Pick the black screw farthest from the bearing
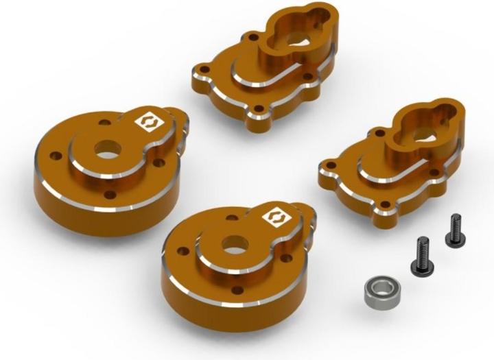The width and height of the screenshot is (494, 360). (454, 230)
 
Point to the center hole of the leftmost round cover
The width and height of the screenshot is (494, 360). (106, 150)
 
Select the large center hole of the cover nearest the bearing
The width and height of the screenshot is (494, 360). (233, 243)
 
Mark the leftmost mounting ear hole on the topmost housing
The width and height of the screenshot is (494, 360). (202, 70)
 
